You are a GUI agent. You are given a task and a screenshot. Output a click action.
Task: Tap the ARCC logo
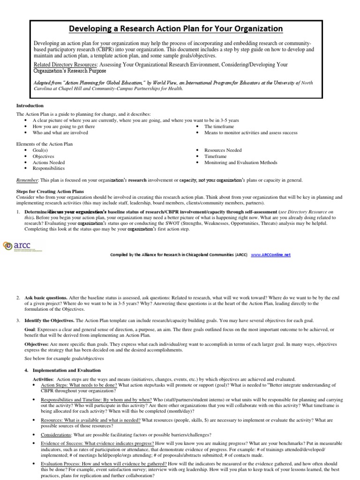click(x=21, y=246)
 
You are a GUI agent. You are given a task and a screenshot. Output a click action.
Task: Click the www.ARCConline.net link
click(x=271, y=255)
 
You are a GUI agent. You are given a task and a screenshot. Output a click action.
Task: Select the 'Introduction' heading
click(x=30, y=105)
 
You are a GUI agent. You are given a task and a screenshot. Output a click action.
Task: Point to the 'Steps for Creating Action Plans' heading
click(x=50, y=191)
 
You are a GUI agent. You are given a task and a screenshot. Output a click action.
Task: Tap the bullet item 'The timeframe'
click(x=219, y=127)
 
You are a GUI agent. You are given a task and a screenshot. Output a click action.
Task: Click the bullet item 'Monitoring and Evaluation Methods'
click(x=240, y=162)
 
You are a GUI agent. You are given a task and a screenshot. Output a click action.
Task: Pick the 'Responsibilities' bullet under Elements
click(x=48, y=168)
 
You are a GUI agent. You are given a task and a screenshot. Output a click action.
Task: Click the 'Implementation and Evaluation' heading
click(x=67, y=370)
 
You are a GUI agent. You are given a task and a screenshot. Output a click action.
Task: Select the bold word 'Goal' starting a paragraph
click(x=30, y=330)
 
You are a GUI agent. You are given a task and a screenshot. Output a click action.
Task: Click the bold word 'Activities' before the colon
click(x=43, y=379)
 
